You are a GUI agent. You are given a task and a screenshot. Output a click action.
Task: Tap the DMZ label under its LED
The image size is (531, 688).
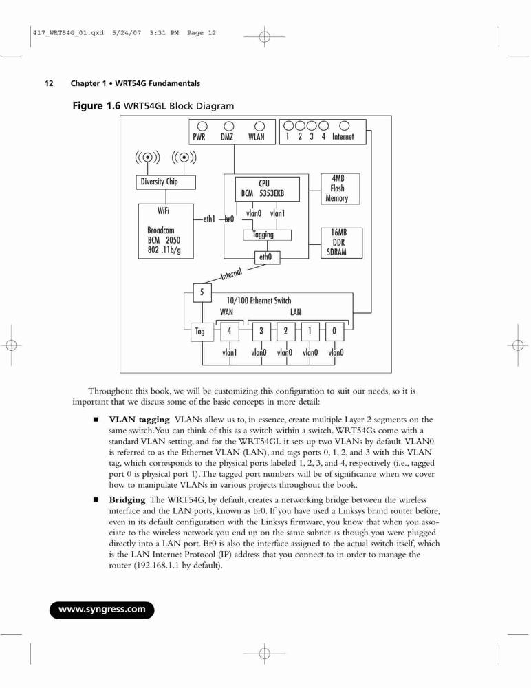click(227, 137)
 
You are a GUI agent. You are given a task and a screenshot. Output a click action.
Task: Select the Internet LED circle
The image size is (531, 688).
click(345, 126)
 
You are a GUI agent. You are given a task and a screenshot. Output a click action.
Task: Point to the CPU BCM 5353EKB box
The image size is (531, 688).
click(268, 189)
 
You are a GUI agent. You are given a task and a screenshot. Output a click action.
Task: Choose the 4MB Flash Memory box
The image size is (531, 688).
click(340, 189)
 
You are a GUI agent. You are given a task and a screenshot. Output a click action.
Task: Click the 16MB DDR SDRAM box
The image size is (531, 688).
click(341, 243)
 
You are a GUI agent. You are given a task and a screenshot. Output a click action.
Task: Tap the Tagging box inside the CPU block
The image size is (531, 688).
click(268, 235)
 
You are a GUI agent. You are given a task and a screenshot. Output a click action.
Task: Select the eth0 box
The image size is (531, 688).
click(268, 257)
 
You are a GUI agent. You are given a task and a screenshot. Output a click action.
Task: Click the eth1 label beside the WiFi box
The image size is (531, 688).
click(209, 219)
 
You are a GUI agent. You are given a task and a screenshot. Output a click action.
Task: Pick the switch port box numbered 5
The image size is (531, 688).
click(202, 292)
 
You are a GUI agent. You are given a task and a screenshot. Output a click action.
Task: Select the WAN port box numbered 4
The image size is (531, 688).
click(229, 332)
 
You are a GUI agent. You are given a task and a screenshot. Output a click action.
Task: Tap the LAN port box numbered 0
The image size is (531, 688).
click(334, 332)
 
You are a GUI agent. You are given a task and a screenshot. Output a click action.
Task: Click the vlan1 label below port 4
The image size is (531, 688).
click(230, 352)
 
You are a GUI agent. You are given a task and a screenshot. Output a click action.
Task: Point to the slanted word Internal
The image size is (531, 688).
click(231, 274)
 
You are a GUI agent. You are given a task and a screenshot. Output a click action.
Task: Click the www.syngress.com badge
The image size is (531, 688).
click(102, 610)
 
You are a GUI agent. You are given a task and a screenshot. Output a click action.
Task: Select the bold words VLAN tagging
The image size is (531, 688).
click(139, 420)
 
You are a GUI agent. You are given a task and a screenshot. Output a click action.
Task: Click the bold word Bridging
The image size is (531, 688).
click(127, 499)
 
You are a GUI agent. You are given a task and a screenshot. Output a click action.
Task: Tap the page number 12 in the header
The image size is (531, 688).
click(49, 83)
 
